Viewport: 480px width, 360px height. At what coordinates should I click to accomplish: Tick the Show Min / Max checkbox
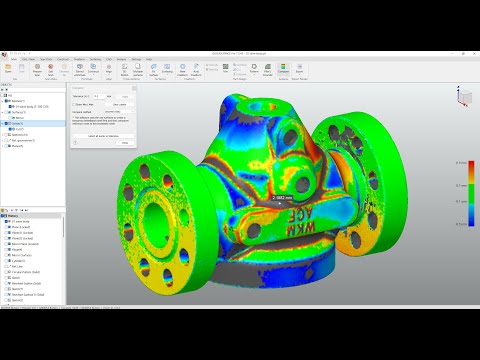click(77, 104)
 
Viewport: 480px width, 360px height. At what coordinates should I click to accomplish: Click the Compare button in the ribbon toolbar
click(283, 69)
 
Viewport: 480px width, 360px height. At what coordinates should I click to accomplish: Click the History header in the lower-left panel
click(14, 214)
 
